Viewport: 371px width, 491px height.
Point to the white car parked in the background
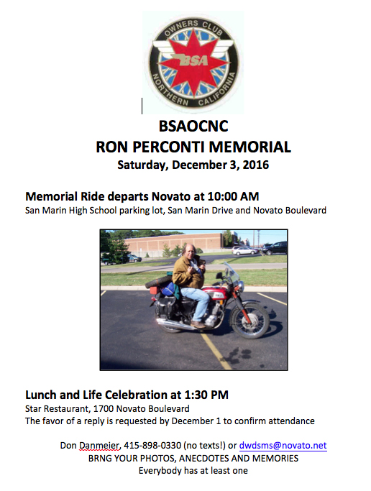(134, 258)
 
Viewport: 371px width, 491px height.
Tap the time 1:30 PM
(206, 395)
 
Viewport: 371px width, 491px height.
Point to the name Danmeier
(100, 446)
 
